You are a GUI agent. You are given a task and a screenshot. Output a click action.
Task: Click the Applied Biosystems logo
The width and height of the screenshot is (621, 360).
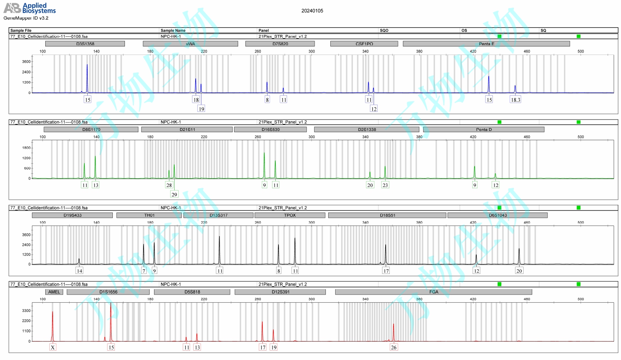click(29, 8)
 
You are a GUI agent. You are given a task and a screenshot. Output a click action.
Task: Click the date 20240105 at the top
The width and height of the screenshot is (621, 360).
click(312, 11)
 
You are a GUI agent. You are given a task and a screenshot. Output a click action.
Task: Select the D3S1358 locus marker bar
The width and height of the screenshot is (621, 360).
click(85, 44)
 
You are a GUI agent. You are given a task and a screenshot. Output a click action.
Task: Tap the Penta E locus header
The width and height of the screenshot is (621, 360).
click(486, 44)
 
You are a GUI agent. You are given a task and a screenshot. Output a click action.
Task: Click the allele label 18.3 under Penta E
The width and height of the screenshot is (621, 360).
click(515, 100)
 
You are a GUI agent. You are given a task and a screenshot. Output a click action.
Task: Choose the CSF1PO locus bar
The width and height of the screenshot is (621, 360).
click(364, 44)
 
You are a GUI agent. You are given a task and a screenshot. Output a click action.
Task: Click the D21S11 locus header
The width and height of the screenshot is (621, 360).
click(187, 130)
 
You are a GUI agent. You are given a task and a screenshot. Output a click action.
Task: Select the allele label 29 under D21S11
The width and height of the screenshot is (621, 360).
click(174, 194)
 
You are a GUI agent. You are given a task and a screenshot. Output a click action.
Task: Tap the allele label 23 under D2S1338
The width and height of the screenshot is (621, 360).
click(385, 185)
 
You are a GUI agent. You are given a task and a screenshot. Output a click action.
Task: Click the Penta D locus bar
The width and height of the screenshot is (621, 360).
click(484, 130)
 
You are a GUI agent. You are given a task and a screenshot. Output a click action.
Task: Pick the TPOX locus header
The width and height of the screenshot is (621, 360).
click(290, 215)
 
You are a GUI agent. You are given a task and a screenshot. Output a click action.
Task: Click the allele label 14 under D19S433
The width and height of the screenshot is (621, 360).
click(79, 271)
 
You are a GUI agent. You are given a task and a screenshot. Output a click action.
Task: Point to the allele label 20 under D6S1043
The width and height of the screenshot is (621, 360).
click(519, 271)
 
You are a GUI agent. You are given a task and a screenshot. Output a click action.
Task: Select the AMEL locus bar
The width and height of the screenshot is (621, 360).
click(54, 292)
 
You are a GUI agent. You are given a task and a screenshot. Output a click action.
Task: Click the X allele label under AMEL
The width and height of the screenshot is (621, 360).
click(53, 347)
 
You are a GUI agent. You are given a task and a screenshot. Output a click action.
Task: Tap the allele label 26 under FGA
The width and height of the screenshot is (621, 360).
click(393, 347)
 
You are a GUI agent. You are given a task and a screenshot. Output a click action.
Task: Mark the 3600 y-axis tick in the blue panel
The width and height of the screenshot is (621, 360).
click(26, 62)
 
